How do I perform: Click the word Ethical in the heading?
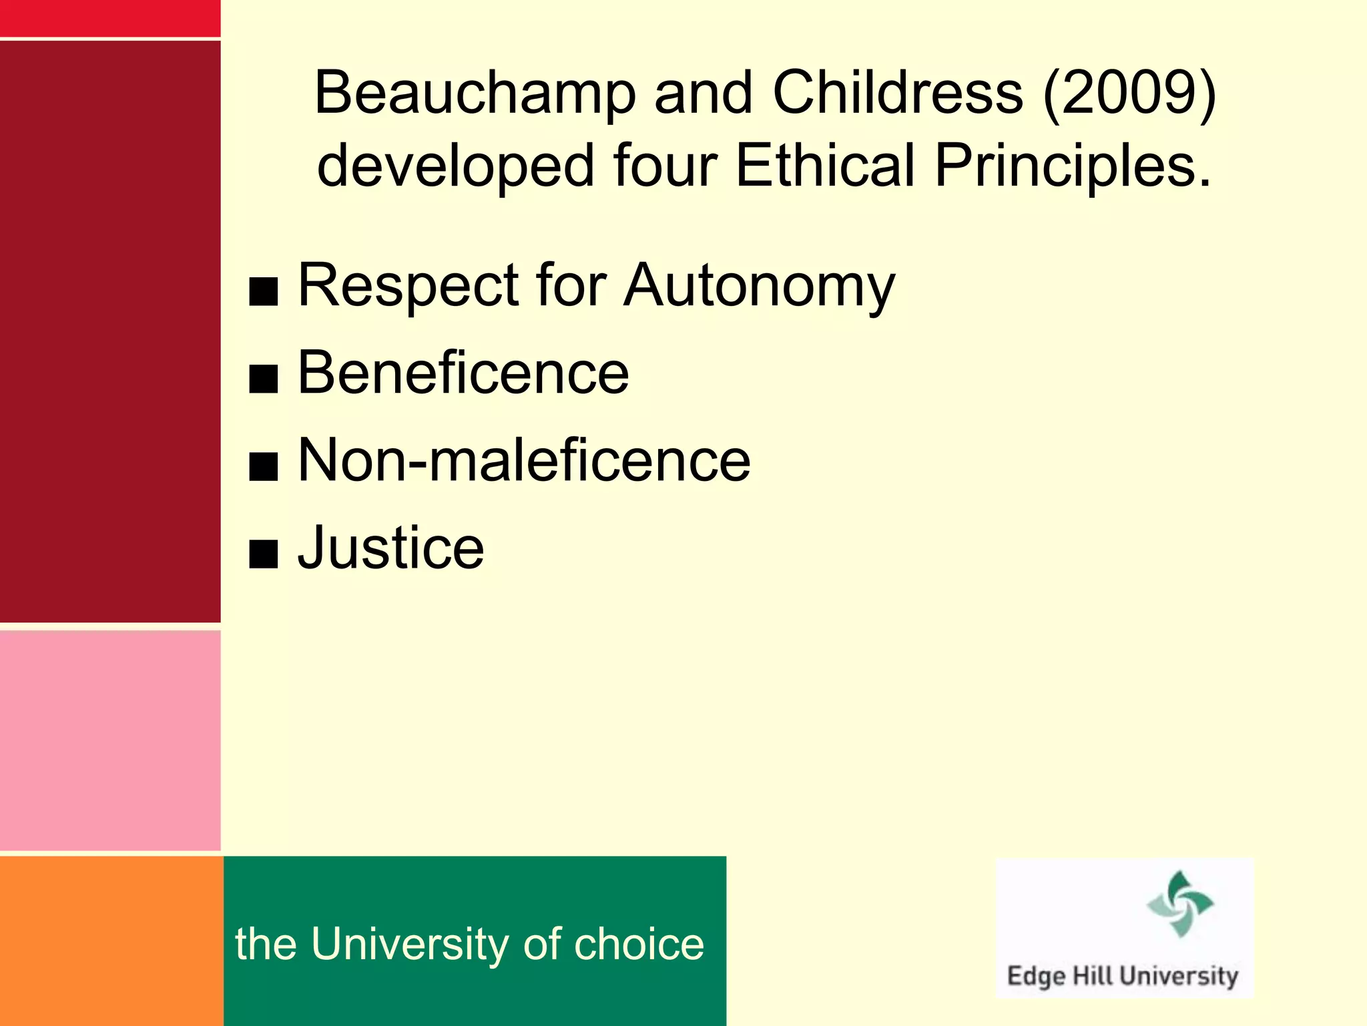825,165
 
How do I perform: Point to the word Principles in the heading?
1072,166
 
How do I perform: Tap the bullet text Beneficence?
463,373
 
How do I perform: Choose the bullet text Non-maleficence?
524,460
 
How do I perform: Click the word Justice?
390,548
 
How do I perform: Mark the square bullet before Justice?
263,554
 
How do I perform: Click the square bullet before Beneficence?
263,379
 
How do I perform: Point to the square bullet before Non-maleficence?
263,466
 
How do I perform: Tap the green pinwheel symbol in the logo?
1180,904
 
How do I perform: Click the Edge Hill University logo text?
1122,976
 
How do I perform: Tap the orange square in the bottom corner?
111,940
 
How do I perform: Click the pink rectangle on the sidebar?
110,740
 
